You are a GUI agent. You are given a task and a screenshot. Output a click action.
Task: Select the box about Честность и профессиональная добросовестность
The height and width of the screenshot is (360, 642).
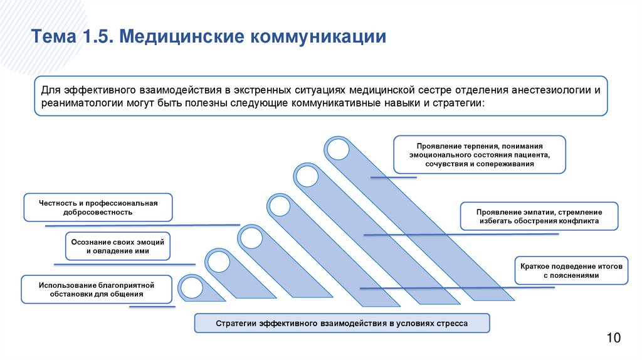98,208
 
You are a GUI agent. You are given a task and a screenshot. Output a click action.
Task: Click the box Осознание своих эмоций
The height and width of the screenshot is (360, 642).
118,246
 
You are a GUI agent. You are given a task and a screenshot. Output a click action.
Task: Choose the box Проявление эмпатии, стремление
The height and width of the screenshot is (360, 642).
539,216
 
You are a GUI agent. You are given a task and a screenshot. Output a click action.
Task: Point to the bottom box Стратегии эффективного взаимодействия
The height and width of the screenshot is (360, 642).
341,323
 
